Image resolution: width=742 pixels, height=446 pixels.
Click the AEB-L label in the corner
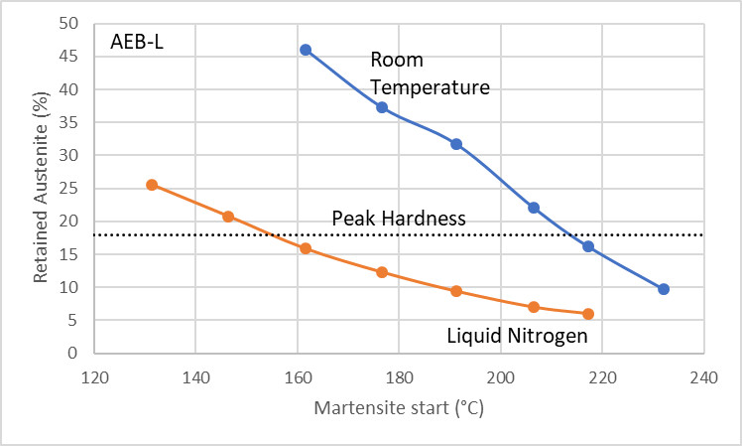(x=136, y=44)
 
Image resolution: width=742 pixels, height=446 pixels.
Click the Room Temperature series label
(x=430, y=74)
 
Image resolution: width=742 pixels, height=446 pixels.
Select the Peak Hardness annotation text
(x=399, y=219)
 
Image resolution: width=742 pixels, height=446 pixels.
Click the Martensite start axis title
(x=398, y=407)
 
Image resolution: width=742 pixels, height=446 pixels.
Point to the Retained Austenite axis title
(x=41, y=188)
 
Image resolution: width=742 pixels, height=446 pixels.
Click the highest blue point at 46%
(x=306, y=50)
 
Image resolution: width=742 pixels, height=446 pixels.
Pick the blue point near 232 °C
(x=664, y=289)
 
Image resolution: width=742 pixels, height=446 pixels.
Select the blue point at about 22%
(x=534, y=208)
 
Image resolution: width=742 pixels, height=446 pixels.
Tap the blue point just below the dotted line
(x=588, y=246)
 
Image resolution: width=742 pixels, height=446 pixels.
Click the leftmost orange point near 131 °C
(x=152, y=185)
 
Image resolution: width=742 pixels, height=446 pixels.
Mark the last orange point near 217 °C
(x=588, y=314)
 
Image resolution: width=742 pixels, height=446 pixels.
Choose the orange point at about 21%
(x=228, y=217)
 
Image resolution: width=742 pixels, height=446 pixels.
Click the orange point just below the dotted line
(x=306, y=248)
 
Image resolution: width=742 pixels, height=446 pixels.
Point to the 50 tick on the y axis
(x=69, y=24)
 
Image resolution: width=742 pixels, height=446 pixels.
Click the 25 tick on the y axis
(x=69, y=189)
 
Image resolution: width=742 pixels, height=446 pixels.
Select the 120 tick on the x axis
(x=94, y=377)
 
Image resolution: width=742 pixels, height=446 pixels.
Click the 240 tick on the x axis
(x=704, y=377)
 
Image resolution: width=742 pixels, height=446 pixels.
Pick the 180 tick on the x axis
(x=399, y=377)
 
